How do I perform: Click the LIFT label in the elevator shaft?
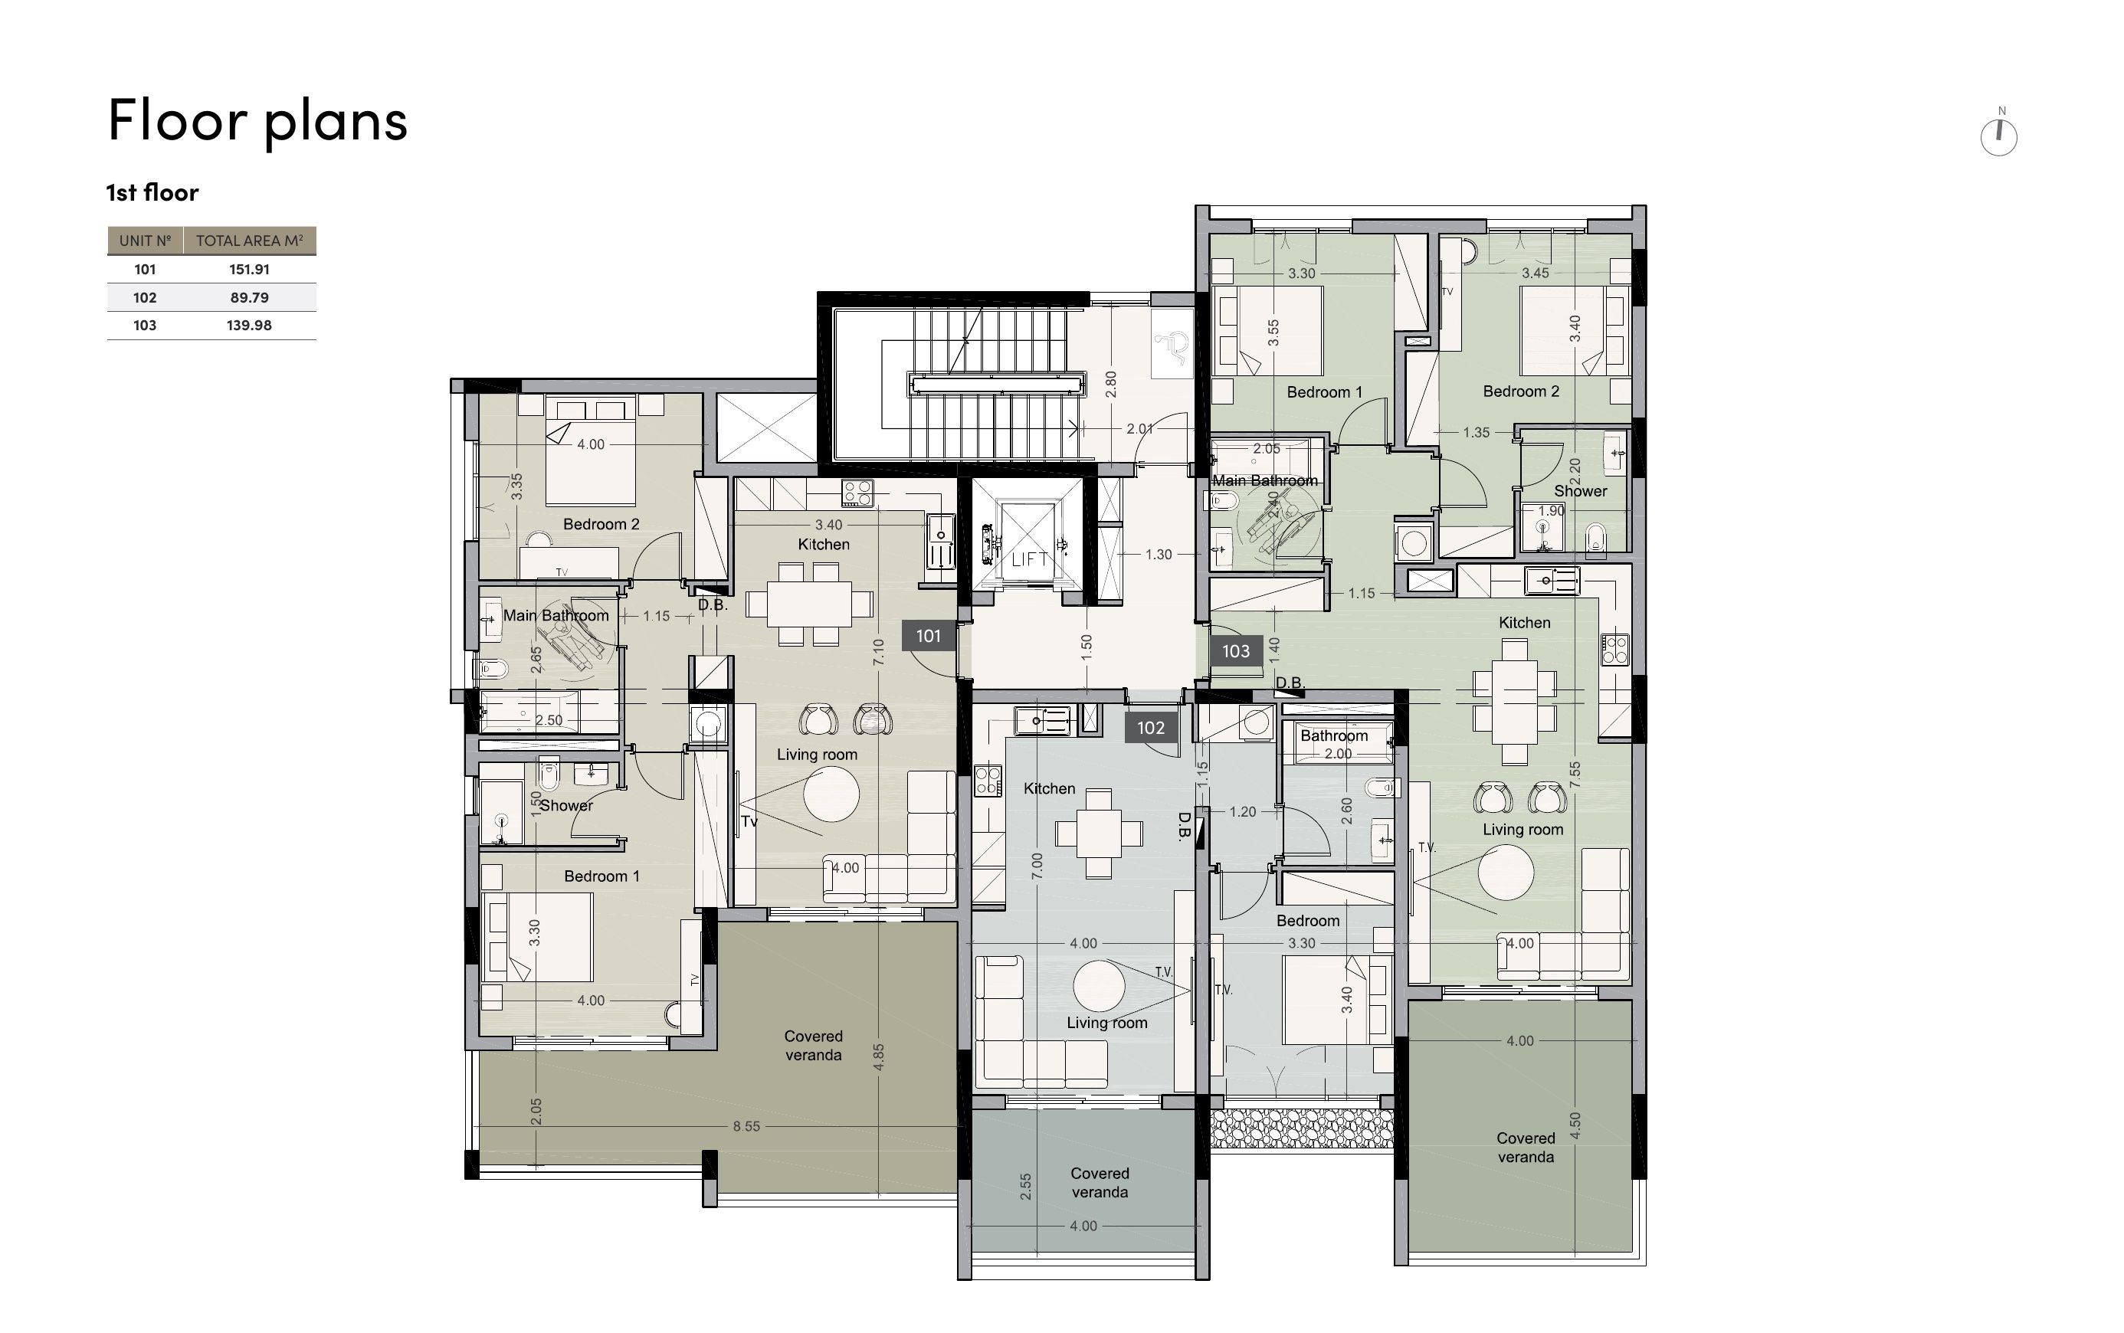point(1028,559)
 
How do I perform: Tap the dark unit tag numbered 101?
point(929,636)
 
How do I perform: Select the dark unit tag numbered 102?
point(1151,727)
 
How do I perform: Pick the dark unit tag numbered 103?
point(1235,651)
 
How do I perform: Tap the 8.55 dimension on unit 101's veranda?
point(746,1126)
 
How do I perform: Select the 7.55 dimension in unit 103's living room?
point(1575,774)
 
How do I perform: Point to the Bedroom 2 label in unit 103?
point(1521,391)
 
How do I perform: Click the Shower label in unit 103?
point(1580,491)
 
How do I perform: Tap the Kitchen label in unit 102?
point(1049,788)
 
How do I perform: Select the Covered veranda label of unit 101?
point(813,1046)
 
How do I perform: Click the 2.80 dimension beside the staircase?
point(1111,385)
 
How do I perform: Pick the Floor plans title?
point(257,121)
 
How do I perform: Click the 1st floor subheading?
point(152,192)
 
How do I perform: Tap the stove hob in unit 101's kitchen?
point(857,492)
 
